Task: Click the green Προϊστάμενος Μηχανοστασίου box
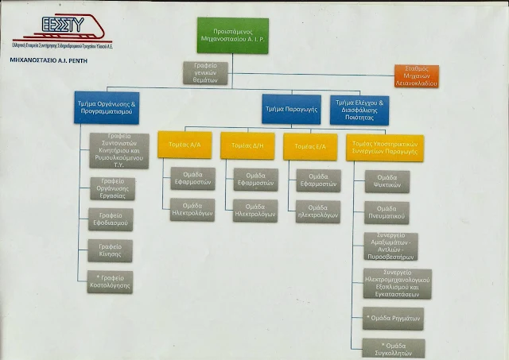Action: point(232,35)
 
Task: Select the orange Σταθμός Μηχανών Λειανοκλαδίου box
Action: point(416,76)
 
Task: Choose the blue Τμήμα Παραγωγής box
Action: point(291,108)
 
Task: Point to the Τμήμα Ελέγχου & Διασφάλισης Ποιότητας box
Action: point(359,108)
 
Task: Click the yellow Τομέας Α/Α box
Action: point(185,146)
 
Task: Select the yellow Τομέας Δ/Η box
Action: point(247,146)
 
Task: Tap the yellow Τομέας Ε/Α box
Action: point(309,146)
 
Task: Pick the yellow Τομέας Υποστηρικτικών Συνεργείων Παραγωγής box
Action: point(384,146)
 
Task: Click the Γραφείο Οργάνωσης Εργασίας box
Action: point(111,188)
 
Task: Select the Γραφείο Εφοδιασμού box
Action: point(110,219)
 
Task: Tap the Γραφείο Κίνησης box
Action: point(110,251)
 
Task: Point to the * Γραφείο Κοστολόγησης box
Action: point(110,281)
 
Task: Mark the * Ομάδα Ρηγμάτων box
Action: point(392,318)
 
